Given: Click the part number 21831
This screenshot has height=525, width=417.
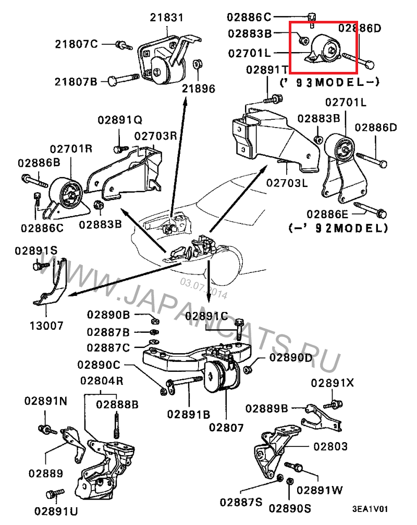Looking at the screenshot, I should (x=167, y=17).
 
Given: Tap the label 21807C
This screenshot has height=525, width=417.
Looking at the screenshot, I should (x=77, y=44).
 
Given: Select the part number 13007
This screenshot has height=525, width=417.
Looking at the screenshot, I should (x=46, y=326).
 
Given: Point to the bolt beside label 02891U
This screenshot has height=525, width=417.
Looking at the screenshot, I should (x=55, y=492).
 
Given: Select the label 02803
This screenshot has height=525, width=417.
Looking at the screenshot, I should (x=330, y=446).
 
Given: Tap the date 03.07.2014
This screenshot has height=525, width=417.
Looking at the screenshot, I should (x=204, y=289).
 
